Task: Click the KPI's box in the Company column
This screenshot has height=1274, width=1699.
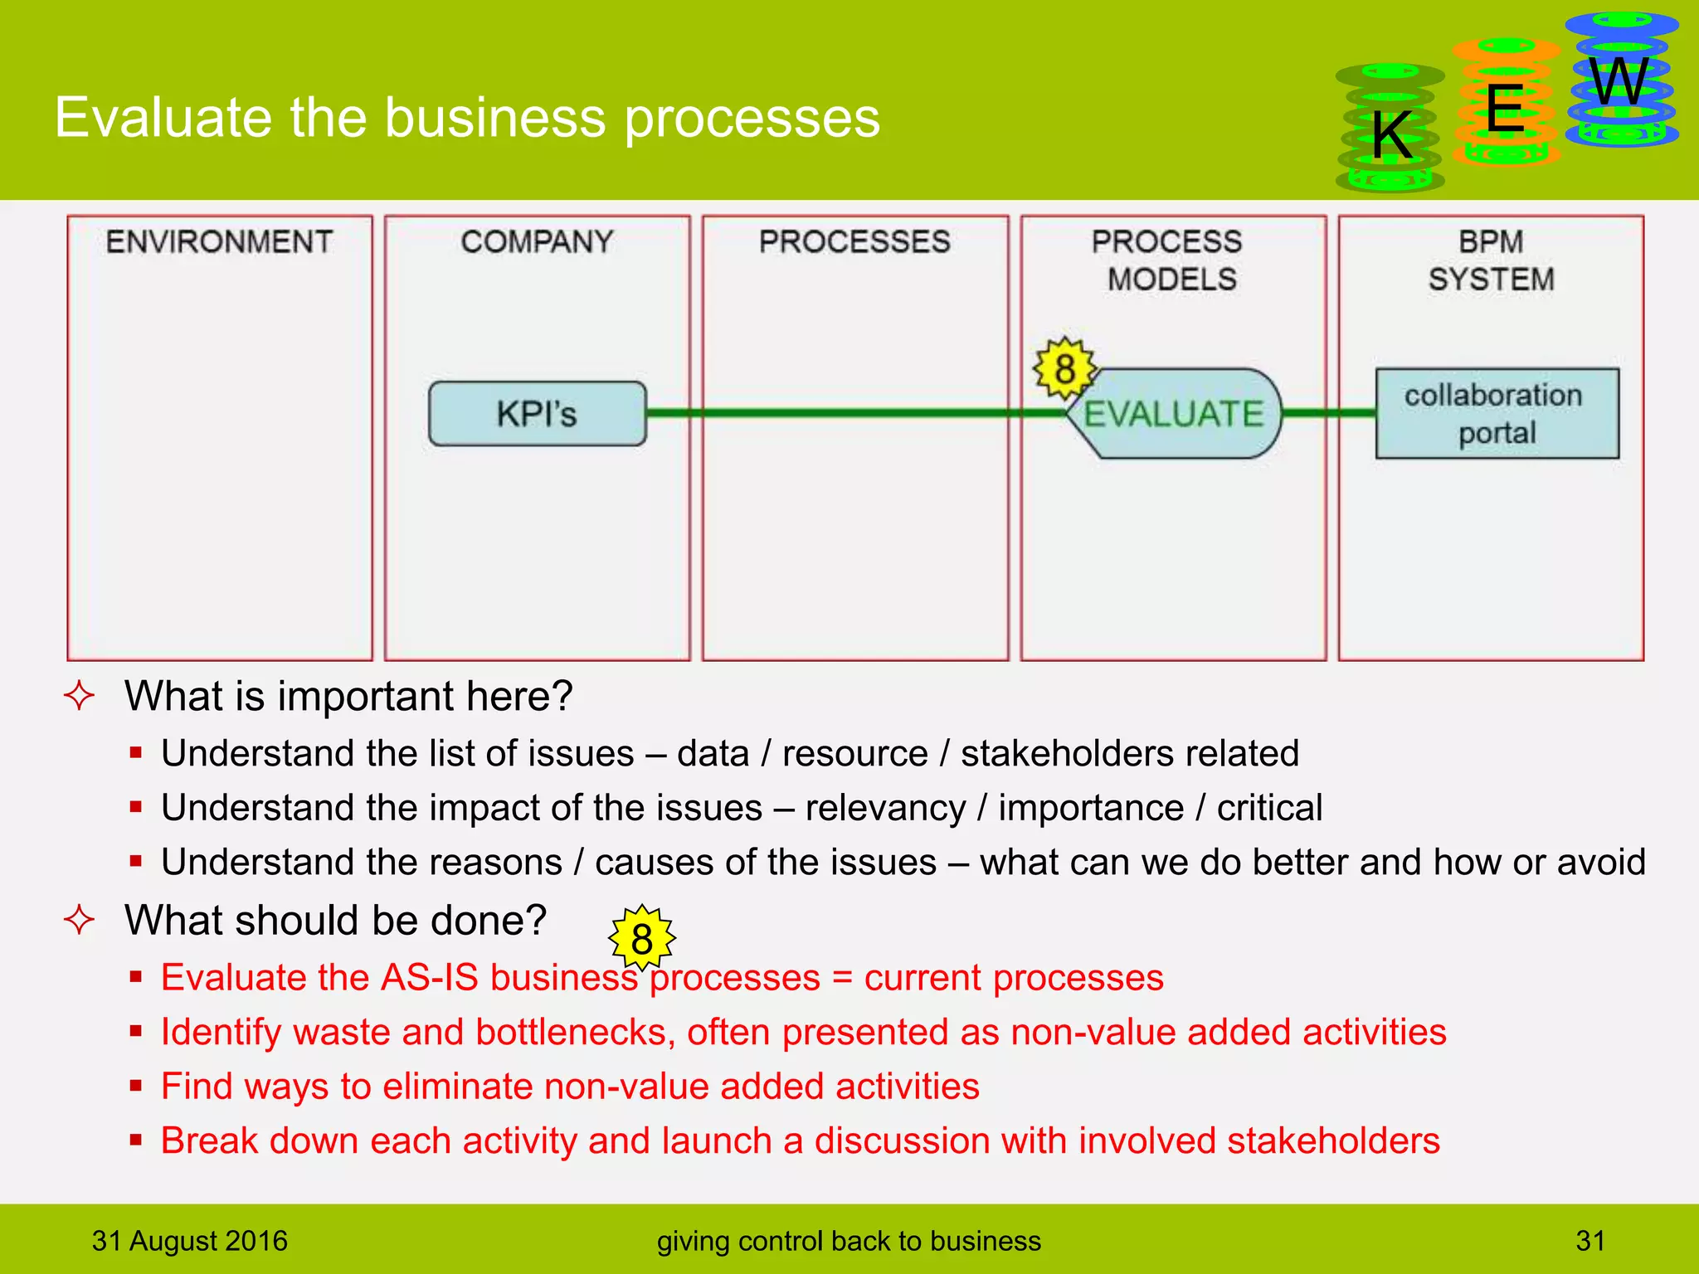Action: click(537, 413)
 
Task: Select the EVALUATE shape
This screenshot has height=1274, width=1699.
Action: click(1173, 413)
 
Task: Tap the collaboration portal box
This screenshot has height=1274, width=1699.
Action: click(1497, 413)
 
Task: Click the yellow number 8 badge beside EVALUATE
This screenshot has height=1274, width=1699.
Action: click(1064, 369)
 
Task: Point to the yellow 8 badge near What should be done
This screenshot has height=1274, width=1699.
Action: click(641, 938)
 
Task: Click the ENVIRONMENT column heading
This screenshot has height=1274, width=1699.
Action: click(219, 241)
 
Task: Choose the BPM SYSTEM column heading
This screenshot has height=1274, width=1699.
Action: click(1491, 260)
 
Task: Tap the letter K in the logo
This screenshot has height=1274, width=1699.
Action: click(1391, 135)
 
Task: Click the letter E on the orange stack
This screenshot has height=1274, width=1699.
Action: click(1504, 109)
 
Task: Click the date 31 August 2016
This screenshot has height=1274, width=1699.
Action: click(189, 1241)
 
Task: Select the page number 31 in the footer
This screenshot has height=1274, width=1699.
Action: click(1589, 1241)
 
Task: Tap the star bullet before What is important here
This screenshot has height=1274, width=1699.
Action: click(80, 695)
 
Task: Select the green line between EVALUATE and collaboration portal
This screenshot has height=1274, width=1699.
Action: click(1328, 412)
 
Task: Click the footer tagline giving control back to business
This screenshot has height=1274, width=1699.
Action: click(848, 1241)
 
